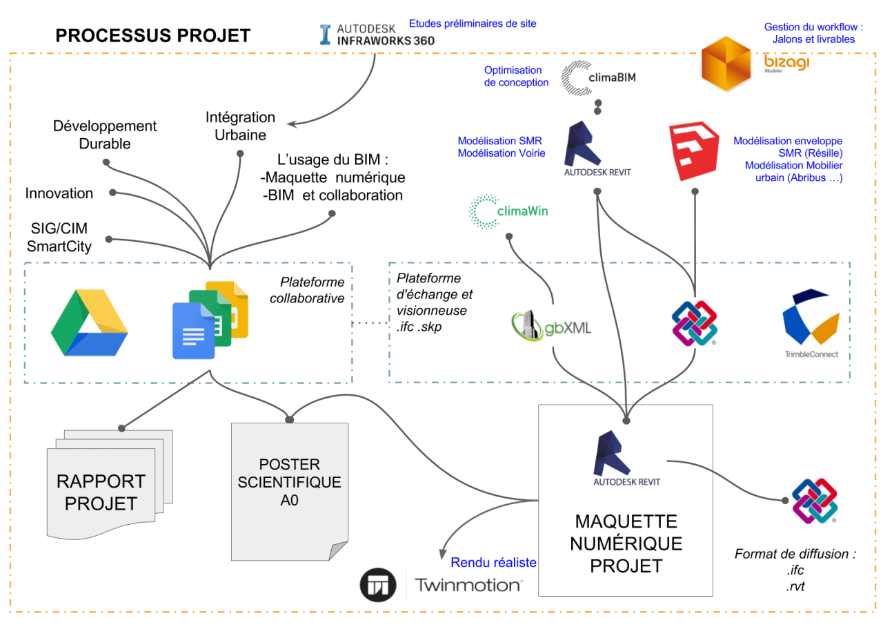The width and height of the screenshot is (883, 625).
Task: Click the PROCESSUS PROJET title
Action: coord(152,36)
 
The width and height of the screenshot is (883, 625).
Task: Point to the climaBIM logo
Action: coord(598,77)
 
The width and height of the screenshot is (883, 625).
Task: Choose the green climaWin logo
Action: coord(509,211)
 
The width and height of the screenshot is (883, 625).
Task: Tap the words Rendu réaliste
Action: coord(493,563)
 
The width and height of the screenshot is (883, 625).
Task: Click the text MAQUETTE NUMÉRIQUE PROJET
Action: coord(626,543)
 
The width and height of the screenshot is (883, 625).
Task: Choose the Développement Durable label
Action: coord(105,135)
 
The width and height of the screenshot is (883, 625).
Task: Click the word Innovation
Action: coord(59,193)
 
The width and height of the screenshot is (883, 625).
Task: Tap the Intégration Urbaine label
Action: coord(240,126)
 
